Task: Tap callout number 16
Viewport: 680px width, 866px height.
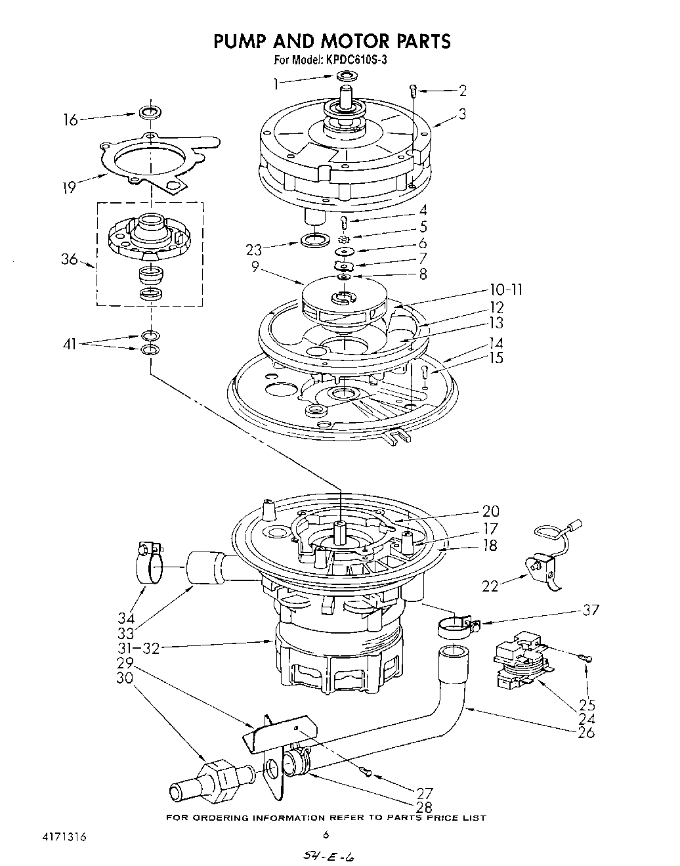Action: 70,119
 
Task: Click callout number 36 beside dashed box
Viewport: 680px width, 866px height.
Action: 70,259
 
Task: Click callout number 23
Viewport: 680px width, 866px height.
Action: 253,249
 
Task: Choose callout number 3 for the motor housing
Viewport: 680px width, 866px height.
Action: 462,114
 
